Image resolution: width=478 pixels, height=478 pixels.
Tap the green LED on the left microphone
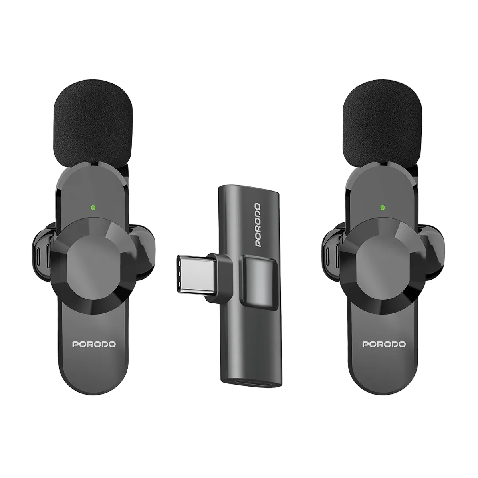coord(93,208)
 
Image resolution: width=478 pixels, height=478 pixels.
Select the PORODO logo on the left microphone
coord(94,344)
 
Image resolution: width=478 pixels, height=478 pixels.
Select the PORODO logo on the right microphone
coord(384,344)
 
